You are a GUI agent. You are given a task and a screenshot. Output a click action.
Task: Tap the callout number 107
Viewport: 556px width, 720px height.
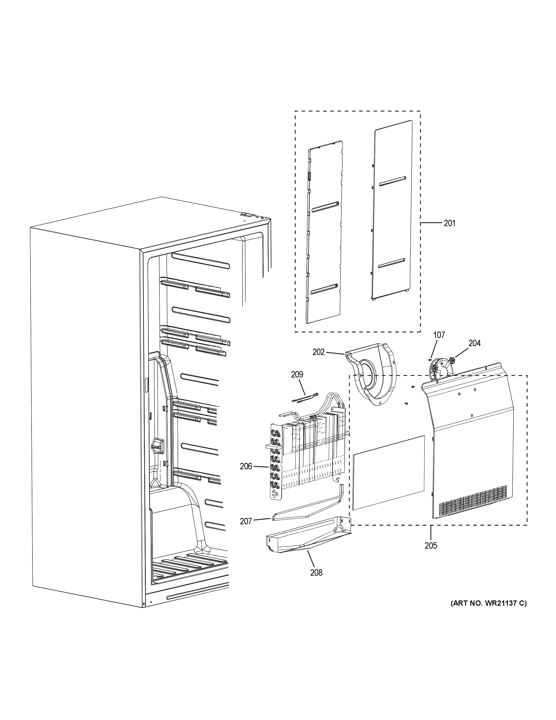point(439,335)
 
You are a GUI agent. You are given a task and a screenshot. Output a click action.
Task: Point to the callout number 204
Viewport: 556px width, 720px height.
point(474,343)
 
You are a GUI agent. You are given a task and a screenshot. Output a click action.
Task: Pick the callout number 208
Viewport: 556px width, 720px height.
point(316,573)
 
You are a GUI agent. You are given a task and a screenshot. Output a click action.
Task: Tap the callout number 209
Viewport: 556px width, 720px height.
point(297,375)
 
